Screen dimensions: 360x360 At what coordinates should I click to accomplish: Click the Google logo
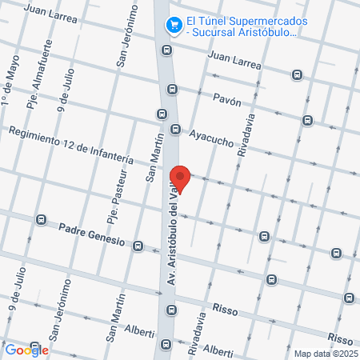click(x=26, y=350)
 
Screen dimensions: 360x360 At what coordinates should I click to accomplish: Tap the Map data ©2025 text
click(x=325, y=354)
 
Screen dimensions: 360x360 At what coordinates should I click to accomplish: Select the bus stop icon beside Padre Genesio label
click(x=138, y=246)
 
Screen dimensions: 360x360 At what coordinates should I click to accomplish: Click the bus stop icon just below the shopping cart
click(x=166, y=50)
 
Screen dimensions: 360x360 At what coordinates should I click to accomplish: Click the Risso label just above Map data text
click(x=340, y=340)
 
